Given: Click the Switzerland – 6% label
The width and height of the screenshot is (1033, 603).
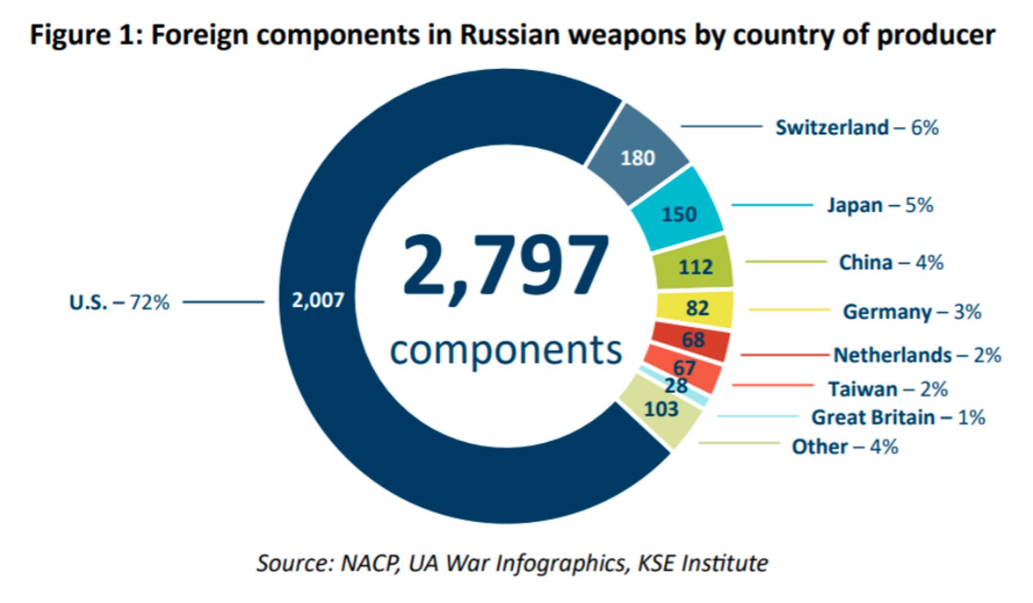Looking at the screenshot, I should pos(856,128).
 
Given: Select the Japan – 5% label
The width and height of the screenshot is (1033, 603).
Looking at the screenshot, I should pos(880,206).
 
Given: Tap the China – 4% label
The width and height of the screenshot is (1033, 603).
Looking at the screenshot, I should pos(891,262).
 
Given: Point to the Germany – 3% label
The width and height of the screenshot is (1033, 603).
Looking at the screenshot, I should pos(912,312).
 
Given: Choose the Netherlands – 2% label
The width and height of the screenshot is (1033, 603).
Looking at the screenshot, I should pos(917,355).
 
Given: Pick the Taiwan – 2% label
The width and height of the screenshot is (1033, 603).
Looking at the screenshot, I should pos(888,389).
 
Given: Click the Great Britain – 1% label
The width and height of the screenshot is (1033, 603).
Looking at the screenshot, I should pos(898,418).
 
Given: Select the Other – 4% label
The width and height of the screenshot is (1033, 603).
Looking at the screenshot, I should pos(845,447).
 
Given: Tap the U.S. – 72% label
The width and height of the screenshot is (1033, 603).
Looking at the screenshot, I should pos(119,303).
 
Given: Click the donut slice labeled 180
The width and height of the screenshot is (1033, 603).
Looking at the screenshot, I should pos(638,158).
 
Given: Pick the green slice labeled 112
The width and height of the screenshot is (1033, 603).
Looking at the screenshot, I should pos(695,266).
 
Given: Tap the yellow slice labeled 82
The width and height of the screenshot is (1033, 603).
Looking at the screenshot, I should pos(697,308).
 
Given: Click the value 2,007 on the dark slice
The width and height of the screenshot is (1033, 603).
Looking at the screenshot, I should pos(318,300).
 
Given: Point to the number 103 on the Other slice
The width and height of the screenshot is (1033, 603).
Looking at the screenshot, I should pos(661,410).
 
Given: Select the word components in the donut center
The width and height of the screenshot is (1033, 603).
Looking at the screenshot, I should pos(506,350).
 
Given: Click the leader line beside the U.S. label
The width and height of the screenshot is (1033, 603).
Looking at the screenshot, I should pos(223,302).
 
